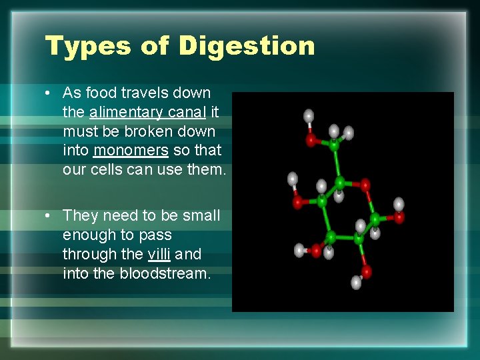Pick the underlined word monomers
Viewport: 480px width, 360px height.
coord(131,151)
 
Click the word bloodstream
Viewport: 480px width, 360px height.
coord(165,273)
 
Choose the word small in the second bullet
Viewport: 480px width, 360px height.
coord(201,215)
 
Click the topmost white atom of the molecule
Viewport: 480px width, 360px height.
coord(309,116)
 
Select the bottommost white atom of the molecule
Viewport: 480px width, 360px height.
coord(356,283)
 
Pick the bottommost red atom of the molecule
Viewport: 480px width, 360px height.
coord(366,271)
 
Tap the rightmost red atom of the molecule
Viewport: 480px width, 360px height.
coord(399,216)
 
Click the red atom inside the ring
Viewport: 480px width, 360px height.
coord(365,184)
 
